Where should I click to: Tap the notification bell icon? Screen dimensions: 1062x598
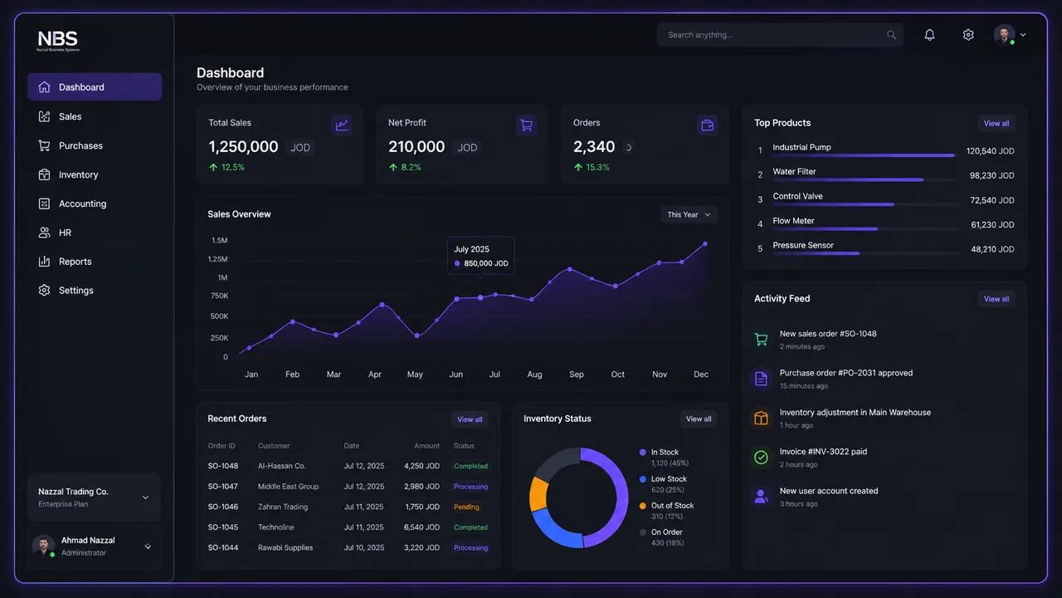coord(929,35)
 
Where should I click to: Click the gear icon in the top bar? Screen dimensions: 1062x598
coord(968,35)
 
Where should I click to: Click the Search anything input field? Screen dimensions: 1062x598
coord(780,35)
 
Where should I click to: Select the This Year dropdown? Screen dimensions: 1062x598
coord(689,214)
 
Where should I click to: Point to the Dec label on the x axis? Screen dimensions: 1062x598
coord(701,375)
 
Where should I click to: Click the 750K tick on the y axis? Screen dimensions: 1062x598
coord(219,297)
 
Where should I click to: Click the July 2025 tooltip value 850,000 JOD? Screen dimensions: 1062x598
coord(486,263)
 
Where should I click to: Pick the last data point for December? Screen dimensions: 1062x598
coord(705,244)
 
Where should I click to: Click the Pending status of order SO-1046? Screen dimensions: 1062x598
coord(466,507)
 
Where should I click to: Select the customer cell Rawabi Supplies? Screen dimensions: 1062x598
coord(285,547)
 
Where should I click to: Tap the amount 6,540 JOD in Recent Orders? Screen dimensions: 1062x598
coord(421,527)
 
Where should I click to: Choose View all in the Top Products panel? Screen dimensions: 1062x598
coord(996,124)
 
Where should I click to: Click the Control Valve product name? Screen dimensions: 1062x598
coord(797,196)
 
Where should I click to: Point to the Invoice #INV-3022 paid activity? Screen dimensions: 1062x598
coord(823,452)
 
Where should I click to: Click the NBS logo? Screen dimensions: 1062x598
coord(58,41)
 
